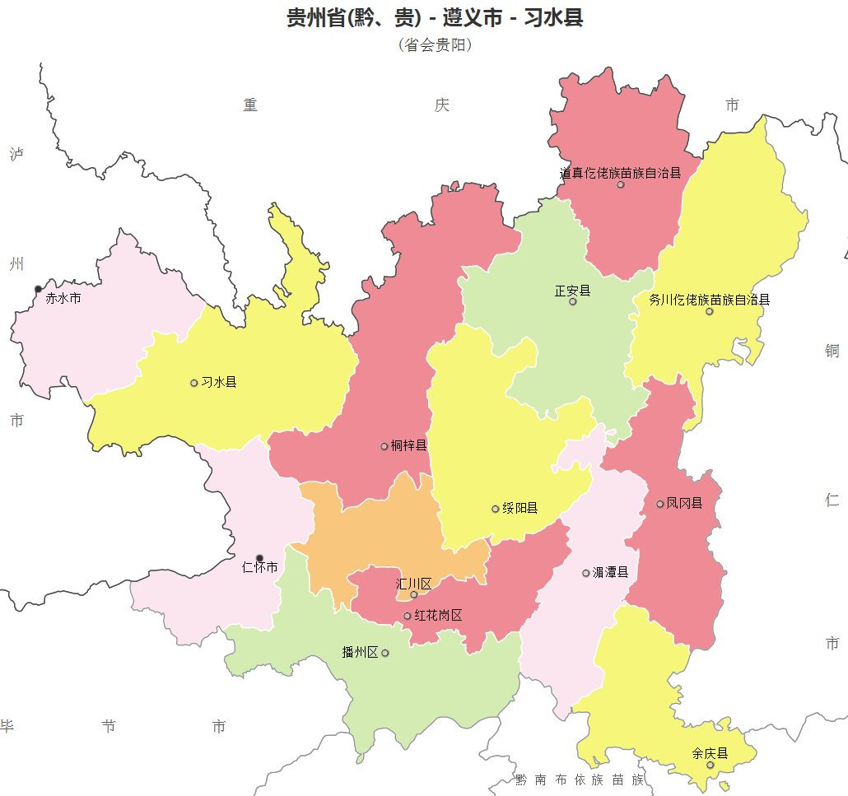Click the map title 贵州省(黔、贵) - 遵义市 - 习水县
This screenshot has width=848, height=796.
[435, 18]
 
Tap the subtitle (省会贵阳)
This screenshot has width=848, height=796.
[435, 45]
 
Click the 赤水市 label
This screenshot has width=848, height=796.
[63, 299]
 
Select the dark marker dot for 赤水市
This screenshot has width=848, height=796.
[38, 289]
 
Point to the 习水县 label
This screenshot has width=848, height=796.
[219, 383]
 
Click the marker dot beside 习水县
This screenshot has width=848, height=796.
[194, 383]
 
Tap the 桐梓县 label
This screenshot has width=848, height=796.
[409, 446]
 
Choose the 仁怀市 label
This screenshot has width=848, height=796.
[260, 568]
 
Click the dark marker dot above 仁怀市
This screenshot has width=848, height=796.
[260, 558]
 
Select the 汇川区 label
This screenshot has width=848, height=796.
[413, 584]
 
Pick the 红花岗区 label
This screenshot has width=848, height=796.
[438, 616]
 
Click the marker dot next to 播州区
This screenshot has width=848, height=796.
[385, 653]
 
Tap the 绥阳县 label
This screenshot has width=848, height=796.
[520, 509]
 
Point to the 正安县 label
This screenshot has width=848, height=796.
[572, 291]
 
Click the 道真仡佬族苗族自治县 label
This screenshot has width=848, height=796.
[621, 174]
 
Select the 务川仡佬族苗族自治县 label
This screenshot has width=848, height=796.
[709, 300]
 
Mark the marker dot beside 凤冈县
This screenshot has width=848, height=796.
[660, 503]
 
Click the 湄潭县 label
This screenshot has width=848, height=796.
[610, 573]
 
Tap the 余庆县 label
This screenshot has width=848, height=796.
[710, 753]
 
